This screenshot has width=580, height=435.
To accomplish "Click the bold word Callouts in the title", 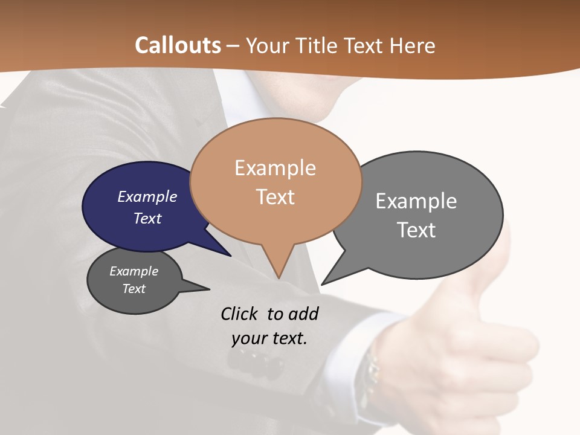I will point(178,45).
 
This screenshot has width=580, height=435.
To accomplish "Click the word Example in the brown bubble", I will point(275,168).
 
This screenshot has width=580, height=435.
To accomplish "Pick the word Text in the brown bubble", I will point(275,197).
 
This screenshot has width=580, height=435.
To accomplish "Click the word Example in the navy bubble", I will point(147,196).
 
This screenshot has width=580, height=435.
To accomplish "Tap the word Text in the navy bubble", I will point(147,218).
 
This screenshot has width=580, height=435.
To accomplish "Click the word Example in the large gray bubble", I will point(416,201).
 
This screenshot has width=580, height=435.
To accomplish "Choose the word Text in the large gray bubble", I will point(416,230).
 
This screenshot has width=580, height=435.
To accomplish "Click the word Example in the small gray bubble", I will point(134,271).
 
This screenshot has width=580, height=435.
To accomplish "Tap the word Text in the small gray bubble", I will point(134,289).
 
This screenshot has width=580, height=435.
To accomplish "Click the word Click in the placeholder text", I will point(239,314).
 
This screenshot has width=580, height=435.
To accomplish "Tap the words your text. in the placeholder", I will point(269,338).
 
